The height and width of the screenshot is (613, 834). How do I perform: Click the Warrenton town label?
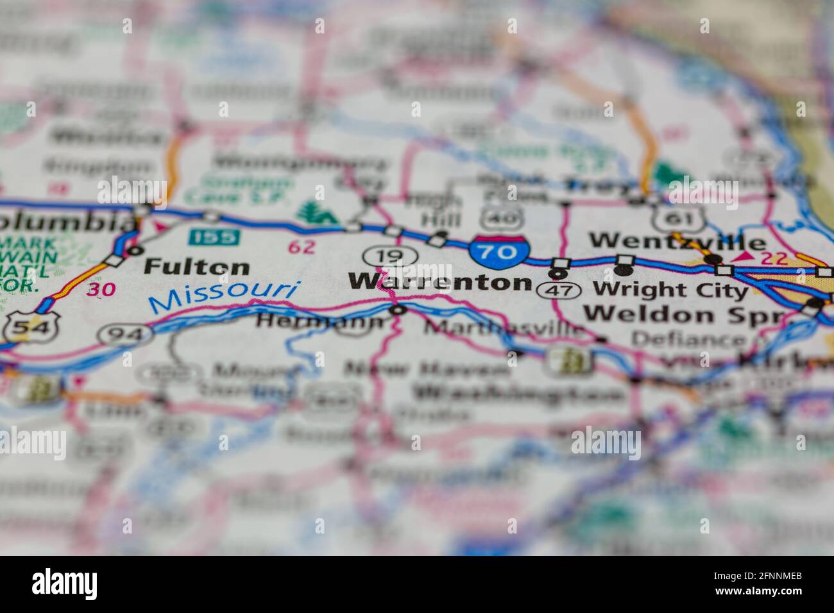click(x=439, y=282)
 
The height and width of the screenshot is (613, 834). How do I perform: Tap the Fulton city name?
click(x=187, y=266)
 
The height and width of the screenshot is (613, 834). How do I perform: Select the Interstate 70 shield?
click(x=498, y=251)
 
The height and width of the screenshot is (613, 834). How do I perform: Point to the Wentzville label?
click(x=677, y=242)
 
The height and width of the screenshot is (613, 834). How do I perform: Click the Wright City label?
click(x=670, y=290)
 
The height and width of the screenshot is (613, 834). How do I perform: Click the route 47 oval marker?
click(x=559, y=290)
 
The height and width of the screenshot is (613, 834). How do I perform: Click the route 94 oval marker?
click(x=126, y=334)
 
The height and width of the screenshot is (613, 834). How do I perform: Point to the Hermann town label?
click(x=321, y=321)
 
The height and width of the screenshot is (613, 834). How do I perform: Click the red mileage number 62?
click(x=302, y=247)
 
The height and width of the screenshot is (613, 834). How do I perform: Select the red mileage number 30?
click(x=102, y=290)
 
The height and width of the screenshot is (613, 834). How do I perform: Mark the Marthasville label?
click(x=505, y=329)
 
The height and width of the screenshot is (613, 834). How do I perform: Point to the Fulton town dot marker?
click(x=134, y=250)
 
